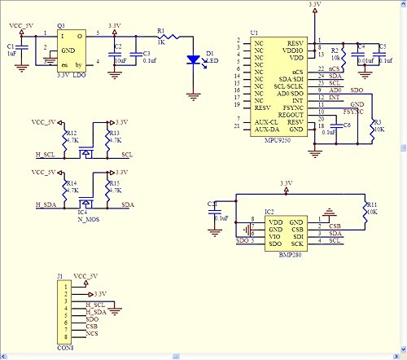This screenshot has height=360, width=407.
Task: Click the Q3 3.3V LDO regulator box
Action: [x=69, y=48]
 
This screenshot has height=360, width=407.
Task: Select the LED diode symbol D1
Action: [x=192, y=59]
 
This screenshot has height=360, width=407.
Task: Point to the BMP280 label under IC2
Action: [x=279, y=253]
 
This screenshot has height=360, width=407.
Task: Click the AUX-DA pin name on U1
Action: [x=265, y=128]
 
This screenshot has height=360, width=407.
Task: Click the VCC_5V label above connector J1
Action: [x=85, y=277]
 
